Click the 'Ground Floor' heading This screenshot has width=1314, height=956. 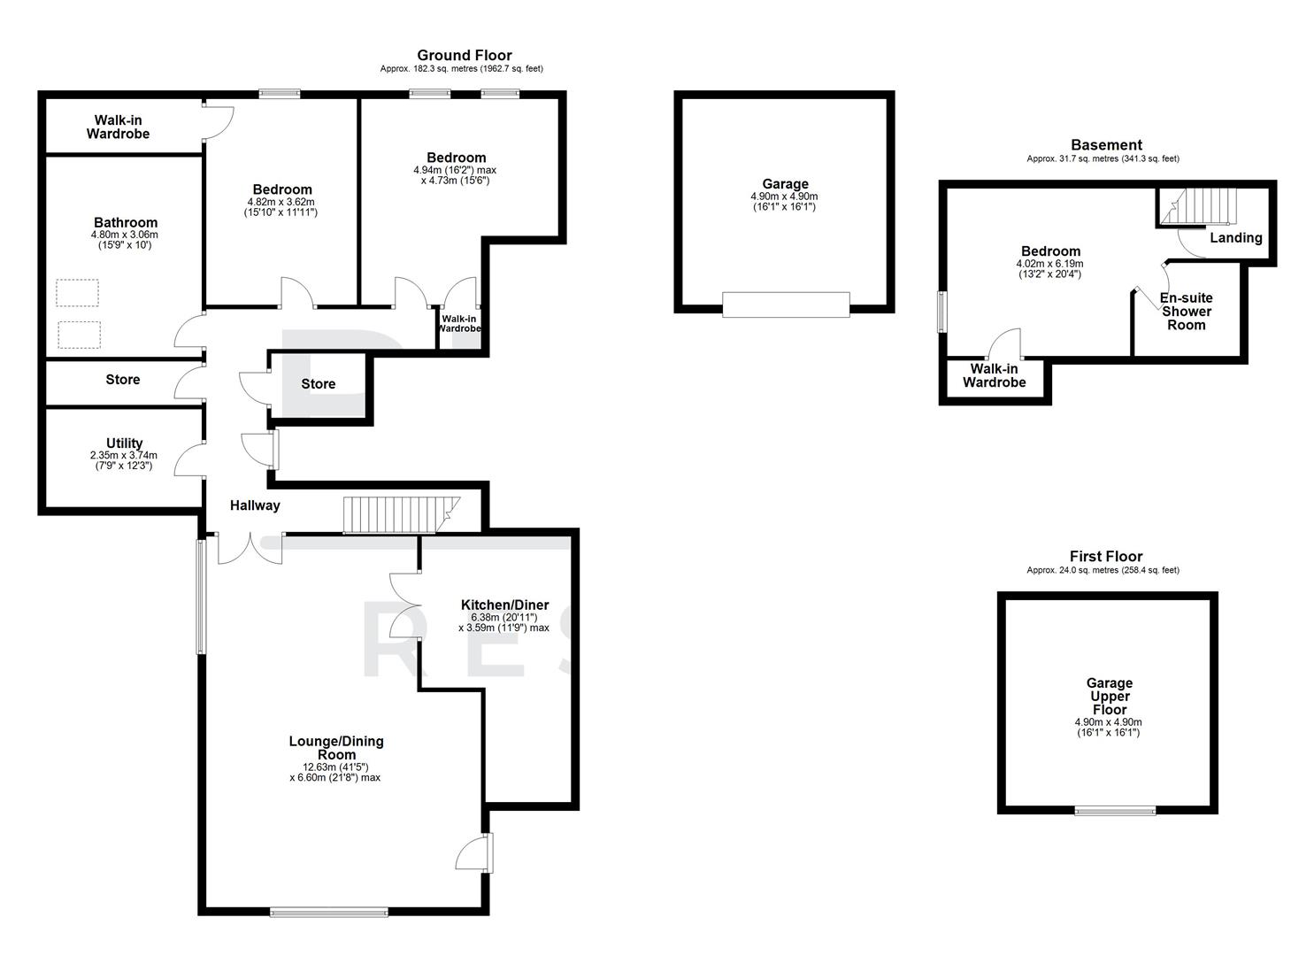pyautogui.click(x=464, y=56)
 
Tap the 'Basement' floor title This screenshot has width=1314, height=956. pyautogui.click(x=1106, y=145)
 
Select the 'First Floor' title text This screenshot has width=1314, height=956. pyautogui.click(x=1106, y=557)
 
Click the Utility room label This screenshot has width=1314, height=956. pyautogui.click(x=124, y=443)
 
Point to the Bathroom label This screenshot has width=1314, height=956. pyautogui.click(x=126, y=223)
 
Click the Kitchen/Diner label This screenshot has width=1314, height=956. pyautogui.click(x=504, y=605)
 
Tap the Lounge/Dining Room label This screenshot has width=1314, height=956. pyautogui.click(x=336, y=748)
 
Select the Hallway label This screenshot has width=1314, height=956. pyautogui.click(x=255, y=505)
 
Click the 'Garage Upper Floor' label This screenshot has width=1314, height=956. pyautogui.click(x=1110, y=697)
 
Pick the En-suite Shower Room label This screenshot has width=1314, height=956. pyautogui.click(x=1186, y=312)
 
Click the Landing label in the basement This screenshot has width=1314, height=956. pyautogui.click(x=1235, y=238)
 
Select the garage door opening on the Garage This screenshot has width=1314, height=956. pyautogui.click(x=786, y=305)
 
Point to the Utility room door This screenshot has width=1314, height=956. pyautogui.click(x=188, y=459)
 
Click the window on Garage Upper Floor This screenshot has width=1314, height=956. pyautogui.click(x=1115, y=810)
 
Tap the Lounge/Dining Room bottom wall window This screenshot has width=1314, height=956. pyautogui.click(x=329, y=912)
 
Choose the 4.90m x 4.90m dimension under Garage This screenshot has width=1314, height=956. pyautogui.click(x=784, y=197)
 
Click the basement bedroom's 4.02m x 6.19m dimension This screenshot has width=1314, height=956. pyautogui.click(x=1049, y=264)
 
